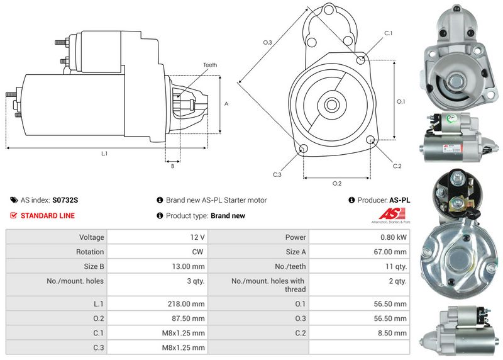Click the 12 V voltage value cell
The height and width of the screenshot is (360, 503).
pos(197,237)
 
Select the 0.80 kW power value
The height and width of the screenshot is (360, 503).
pos(394,237)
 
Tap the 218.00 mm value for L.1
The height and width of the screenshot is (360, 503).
pos(186,304)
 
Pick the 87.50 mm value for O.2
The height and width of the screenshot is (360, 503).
pos(188,318)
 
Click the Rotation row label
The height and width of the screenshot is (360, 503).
pos(90,252)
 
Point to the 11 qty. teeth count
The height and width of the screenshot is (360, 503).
pos(396,266)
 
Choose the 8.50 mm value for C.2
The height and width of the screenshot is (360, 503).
pos(392,333)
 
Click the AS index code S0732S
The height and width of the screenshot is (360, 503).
pos(65,200)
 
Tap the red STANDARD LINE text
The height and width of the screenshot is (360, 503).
pos(48,215)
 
